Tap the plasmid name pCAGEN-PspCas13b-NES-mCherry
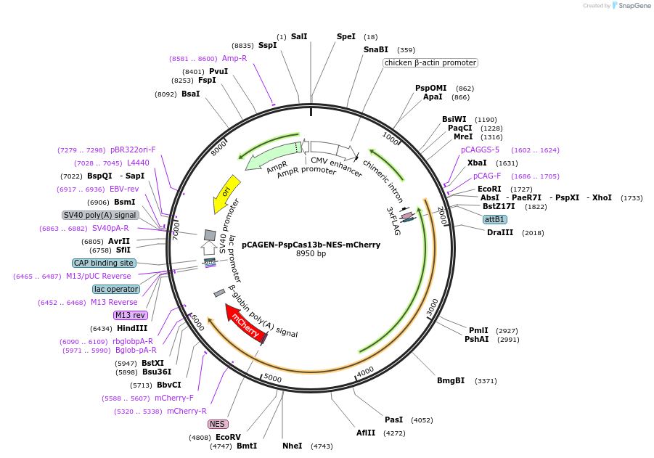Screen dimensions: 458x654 point(311,245)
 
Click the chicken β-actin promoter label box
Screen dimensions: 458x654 point(430,63)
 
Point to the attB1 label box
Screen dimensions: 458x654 point(495,219)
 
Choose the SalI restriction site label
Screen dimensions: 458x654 point(299,36)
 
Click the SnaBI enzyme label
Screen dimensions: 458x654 point(376,50)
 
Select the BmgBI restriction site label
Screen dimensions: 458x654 point(451,380)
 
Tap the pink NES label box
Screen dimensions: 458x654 point(218,424)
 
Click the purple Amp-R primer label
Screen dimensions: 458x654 point(234,58)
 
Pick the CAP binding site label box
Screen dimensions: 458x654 point(104,263)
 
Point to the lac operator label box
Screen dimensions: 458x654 point(116,289)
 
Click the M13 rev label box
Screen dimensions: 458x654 point(131,315)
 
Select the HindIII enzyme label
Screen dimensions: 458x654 point(131,328)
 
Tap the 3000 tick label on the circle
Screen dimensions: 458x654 point(433,307)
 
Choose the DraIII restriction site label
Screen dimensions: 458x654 point(500,232)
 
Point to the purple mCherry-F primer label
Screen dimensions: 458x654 point(174,398)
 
